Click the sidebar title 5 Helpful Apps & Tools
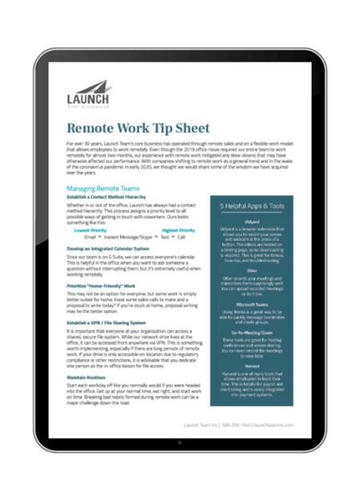(x=254, y=206)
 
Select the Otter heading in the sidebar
(x=254, y=270)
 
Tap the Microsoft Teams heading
(x=254, y=305)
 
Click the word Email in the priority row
(x=90, y=237)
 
